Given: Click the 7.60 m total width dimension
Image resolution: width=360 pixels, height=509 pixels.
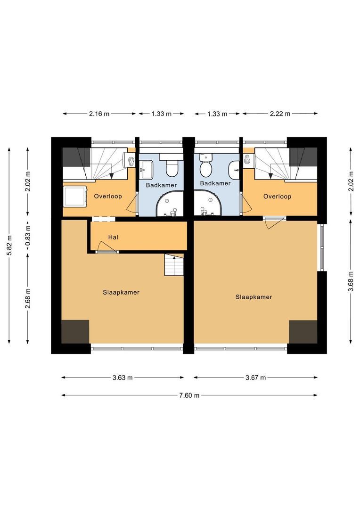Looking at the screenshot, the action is click(x=189, y=395).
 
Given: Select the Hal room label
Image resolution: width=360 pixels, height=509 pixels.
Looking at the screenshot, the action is click(x=113, y=237).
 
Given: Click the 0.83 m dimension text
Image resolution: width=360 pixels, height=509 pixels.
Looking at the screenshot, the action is click(x=28, y=235).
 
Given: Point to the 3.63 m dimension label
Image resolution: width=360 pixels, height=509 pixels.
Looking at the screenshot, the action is click(x=123, y=378).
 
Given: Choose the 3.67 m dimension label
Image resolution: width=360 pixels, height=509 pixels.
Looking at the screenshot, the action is click(x=255, y=378).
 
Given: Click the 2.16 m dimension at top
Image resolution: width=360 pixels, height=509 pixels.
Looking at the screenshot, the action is click(x=99, y=114).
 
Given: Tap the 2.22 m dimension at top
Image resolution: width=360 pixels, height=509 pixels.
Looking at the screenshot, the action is click(x=280, y=114).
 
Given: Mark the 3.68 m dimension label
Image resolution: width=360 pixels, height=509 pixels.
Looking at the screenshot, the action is click(x=351, y=281).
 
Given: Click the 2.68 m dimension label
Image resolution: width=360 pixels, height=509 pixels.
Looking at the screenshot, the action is click(x=28, y=298).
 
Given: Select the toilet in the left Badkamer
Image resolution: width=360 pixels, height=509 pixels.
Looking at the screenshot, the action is click(x=171, y=165).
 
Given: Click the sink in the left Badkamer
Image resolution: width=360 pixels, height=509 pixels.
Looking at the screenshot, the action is click(x=146, y=169).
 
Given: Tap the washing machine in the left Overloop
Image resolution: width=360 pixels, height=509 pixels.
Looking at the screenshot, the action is click(x=75, y=196).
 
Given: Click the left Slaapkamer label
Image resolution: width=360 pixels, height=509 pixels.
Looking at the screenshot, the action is click(x=121, y=293).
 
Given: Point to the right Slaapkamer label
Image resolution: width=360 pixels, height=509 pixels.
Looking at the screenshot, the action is click(x=254, y=297).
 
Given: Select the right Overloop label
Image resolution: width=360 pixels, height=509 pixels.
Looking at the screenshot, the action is click(x=277, y=197).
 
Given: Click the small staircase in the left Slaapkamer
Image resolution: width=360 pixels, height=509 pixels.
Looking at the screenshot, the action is click(x=174, y=264).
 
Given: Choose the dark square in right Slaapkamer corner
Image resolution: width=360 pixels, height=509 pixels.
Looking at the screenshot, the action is click(x=303, y=332).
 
